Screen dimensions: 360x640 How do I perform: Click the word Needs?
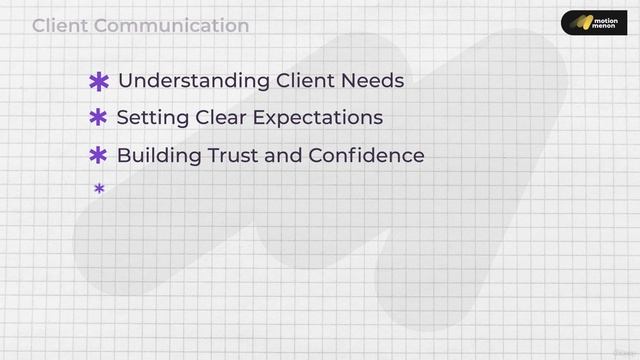371,81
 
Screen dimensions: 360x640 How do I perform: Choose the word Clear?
220,118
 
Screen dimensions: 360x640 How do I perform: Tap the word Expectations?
317,118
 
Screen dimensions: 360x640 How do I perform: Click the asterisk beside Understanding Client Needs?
99,82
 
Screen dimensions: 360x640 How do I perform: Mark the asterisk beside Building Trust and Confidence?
98,156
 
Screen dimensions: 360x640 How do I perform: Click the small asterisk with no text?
99,188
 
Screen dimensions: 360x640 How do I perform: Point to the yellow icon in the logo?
578,22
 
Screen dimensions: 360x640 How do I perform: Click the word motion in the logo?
605,17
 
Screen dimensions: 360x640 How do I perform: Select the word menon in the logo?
605,28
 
